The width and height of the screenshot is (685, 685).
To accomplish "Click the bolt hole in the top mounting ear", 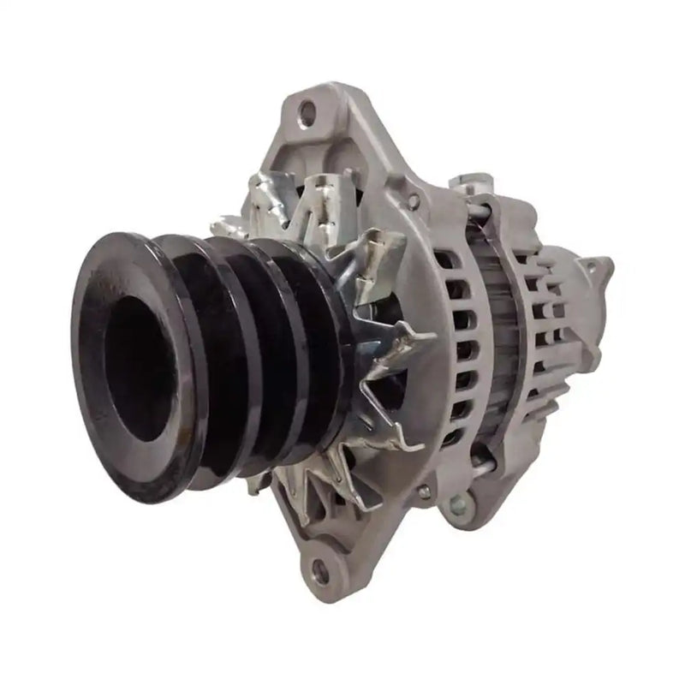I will pyautogui.click(x=307, y=109).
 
